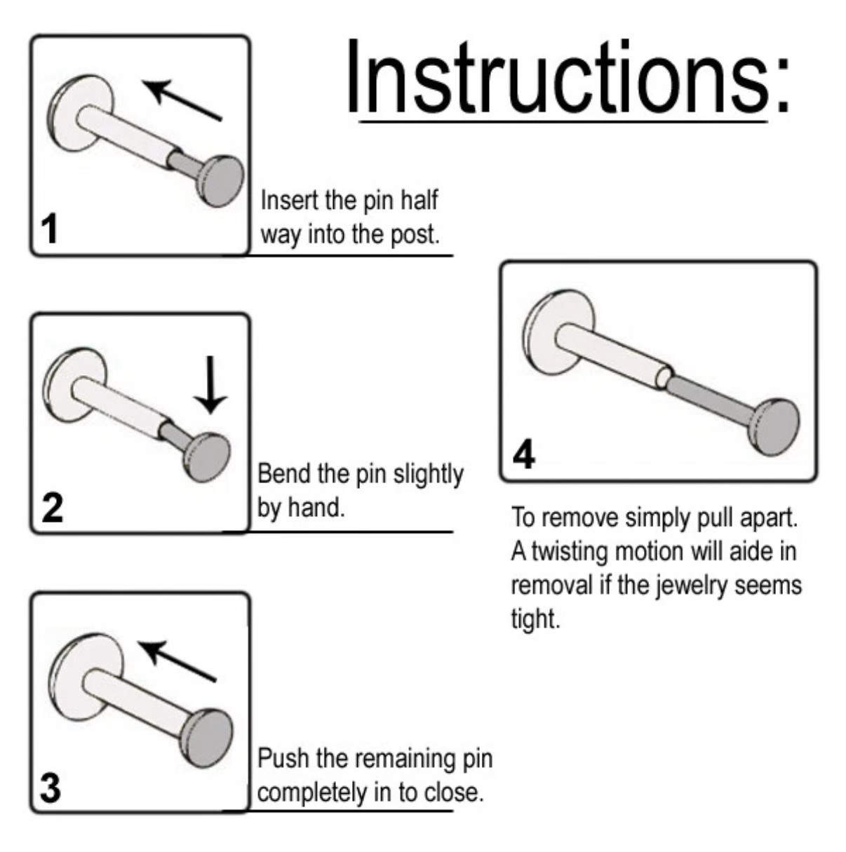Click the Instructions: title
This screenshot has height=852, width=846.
click(x=568, y=77)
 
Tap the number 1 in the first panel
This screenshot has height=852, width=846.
click(x=50, y=229)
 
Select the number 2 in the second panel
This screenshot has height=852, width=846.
click(x=52, y=508)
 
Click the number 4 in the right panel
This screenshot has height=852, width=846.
click(x=524, y=454)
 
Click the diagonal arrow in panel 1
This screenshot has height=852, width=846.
click(x=182, y=100)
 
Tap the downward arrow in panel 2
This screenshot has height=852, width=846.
click(x=210, y=385)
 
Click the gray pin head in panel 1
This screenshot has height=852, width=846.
click(x=220, y=181)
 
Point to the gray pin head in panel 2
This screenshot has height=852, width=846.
click(x=207, y=457)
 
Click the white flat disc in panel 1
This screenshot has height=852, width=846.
click(x=80, y=113)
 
